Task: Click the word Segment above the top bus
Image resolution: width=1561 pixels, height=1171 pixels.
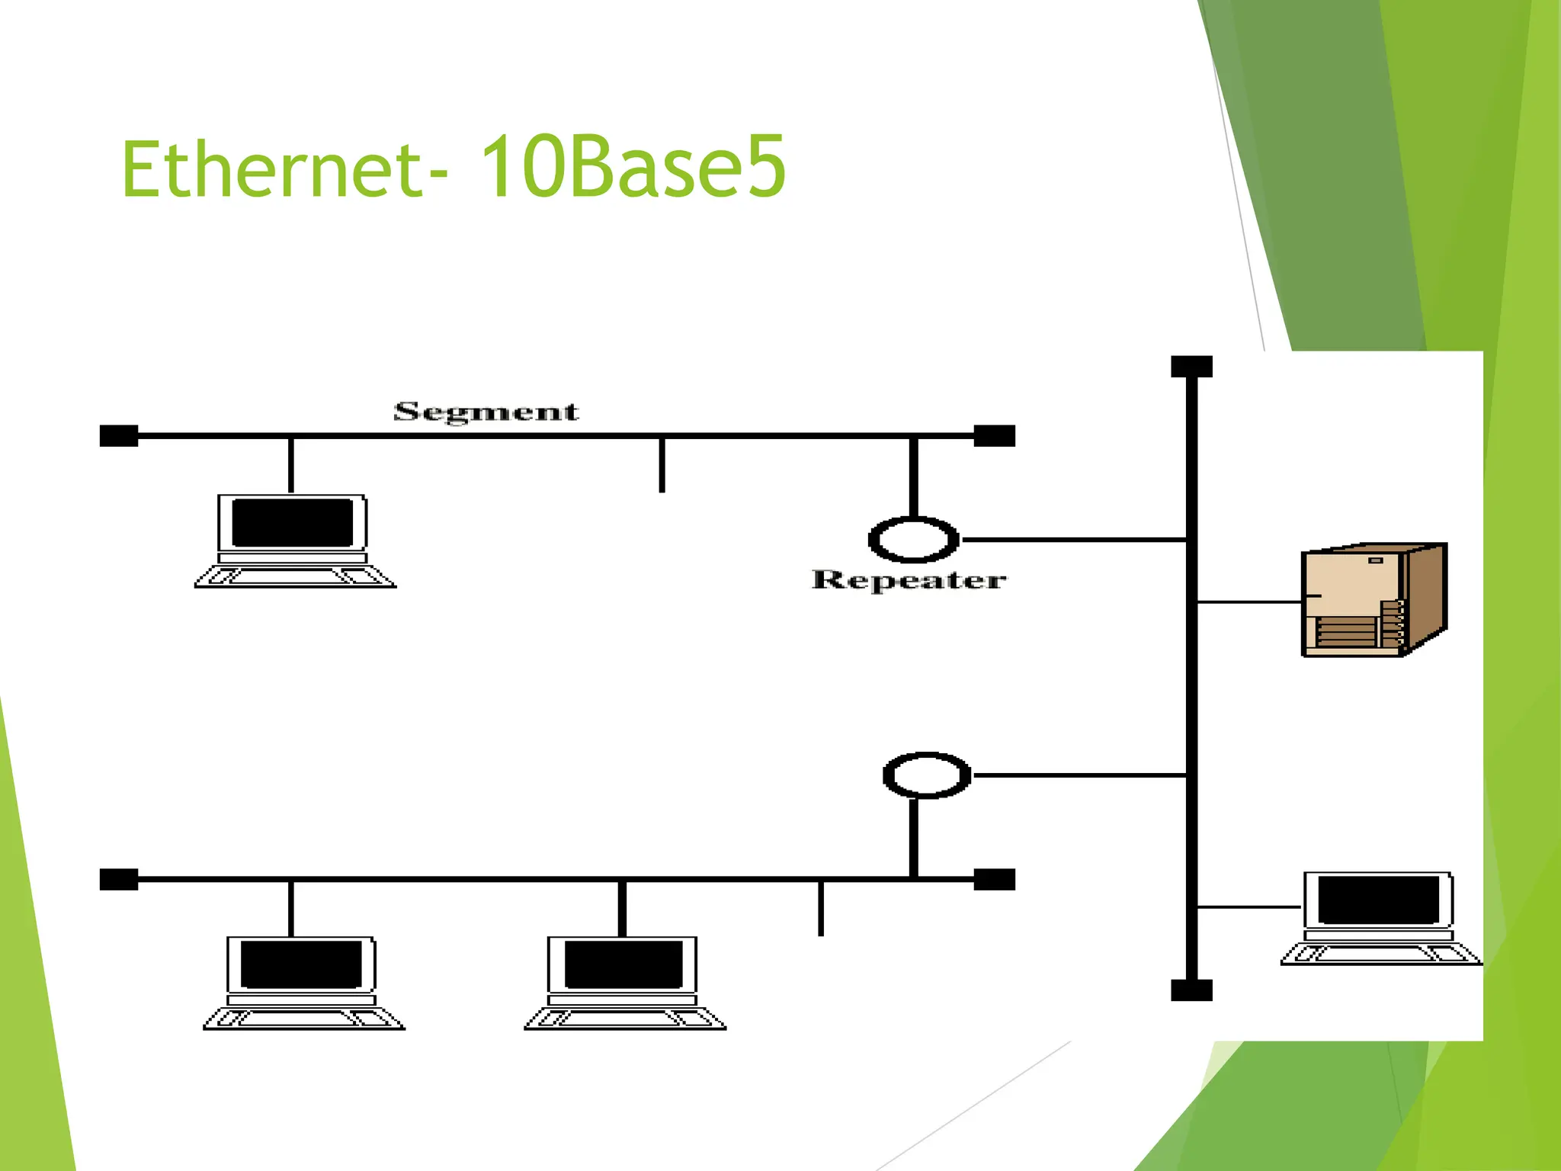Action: pos(486,412)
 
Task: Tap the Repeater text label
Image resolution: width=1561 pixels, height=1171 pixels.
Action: pos(909,580)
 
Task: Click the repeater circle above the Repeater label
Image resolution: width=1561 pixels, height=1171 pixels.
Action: pos(913,540)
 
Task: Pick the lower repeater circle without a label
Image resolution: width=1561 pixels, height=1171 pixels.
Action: pos(927,775)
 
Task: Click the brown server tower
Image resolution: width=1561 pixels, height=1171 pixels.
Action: pos(1373,599)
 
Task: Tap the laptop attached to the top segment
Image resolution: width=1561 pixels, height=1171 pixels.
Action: pos(294,541)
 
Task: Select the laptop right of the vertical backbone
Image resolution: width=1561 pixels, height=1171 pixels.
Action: pos(1380,918)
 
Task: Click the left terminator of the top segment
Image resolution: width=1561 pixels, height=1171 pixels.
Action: pos(119,436)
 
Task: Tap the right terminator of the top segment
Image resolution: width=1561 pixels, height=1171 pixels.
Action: pos(995,436)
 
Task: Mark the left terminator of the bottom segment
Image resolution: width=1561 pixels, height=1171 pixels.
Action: pos(119,880)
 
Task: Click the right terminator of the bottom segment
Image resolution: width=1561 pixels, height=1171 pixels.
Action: pos(995,880)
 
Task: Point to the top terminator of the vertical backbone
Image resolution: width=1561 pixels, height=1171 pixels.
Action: pos(1191,367)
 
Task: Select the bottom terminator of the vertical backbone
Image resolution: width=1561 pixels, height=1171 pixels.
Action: pos(1191,990)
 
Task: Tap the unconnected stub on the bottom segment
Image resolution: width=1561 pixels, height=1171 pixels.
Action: pos(821,909)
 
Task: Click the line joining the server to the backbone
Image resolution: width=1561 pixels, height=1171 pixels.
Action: pos(1249,602)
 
